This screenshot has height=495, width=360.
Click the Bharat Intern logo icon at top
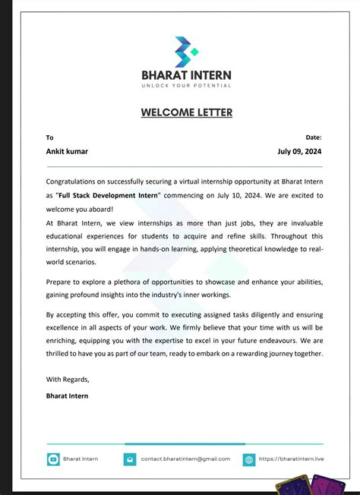pos(186,51)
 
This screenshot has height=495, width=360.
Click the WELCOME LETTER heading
pos(186,113)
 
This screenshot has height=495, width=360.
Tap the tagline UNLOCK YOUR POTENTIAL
pos(186,86)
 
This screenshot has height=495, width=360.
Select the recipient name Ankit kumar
pos(67,151)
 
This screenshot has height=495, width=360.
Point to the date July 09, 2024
pos(300,151)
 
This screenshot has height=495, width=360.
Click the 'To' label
pos(50,137)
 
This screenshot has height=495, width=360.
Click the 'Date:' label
pos(314,137)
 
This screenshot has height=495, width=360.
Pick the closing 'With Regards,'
pos(68,379)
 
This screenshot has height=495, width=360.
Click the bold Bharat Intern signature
pos(67,396)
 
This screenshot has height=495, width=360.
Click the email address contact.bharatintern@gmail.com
pos(185,459)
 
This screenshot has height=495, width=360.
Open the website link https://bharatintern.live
pos(291,459)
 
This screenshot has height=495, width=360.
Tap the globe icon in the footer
pos(249,459)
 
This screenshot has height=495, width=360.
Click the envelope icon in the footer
pos(130,459)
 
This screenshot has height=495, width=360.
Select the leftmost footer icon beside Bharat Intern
pos(53,459)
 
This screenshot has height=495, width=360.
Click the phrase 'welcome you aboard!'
pos(80,209)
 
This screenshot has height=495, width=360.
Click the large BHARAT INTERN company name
pos(186,75)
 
